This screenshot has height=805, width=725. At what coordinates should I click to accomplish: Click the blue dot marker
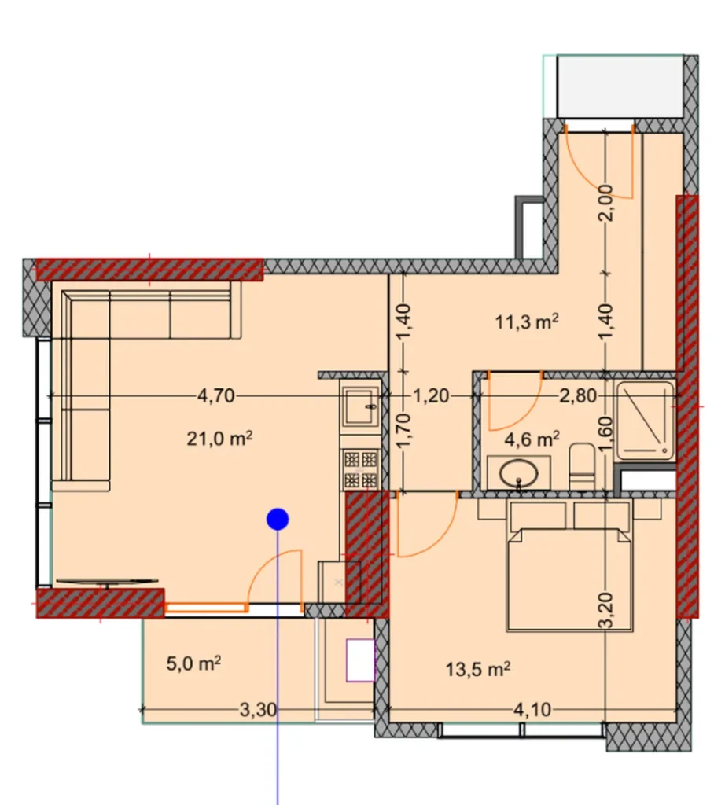pyautogui.click(x=278, y=519)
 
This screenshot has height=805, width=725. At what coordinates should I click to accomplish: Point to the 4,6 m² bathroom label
pyautogui.click(x=528, y=437)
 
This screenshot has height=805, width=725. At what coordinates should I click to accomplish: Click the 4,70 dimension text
pyautogui.click(x=215, y=396)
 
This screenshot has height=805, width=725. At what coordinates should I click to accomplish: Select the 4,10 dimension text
pyautogui.click(x=534, y=711)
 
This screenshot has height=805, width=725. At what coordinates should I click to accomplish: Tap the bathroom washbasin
pyautogui.click(x=519, y=473)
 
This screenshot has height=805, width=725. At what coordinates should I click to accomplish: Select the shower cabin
pyautogui.click(x=646, y=421)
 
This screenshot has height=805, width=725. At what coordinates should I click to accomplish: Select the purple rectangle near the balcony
pyautogui.click(x=359, y=659)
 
